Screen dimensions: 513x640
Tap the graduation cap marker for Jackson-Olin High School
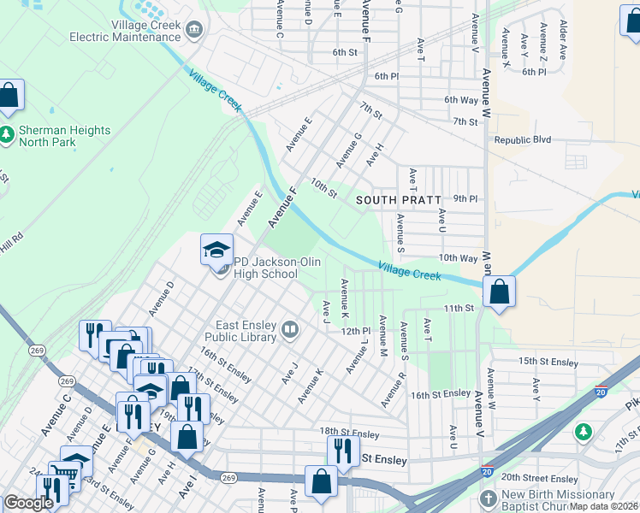216,251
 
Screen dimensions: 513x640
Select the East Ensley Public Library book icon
290,329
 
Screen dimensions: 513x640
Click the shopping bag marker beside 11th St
500,292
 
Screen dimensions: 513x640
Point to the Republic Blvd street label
522,139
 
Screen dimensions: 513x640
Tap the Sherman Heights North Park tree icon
8,134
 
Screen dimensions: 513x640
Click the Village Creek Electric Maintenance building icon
194,31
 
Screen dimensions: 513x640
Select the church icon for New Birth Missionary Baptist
488,499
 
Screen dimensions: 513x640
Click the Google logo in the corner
28,503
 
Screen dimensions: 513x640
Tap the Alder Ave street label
562,38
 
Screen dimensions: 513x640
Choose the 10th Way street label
458,257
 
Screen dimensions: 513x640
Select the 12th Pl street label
355,330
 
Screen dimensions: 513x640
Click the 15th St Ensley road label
548,362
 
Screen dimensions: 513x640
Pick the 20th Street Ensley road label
540,478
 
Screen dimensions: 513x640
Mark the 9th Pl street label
465,198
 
